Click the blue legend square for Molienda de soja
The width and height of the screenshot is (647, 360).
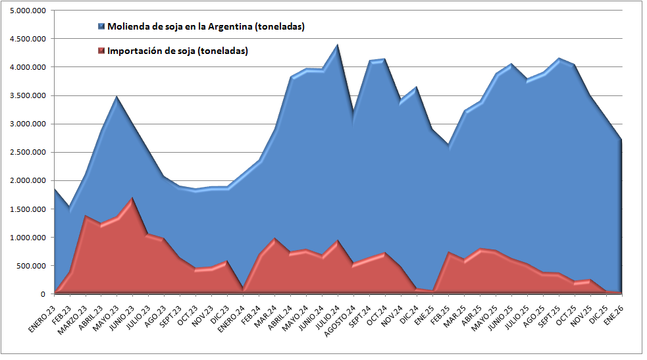click(x=101, y=27)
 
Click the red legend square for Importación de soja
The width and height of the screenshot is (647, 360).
click(x=101, y=51)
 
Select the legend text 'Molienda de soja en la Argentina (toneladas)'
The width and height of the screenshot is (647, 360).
click(x=205, y=27)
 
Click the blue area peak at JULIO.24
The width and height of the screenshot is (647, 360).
click(x=337, y=46)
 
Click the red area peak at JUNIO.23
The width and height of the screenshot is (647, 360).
click(x=132, y=198)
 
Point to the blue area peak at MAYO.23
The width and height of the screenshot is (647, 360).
click(x=116, y=97)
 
